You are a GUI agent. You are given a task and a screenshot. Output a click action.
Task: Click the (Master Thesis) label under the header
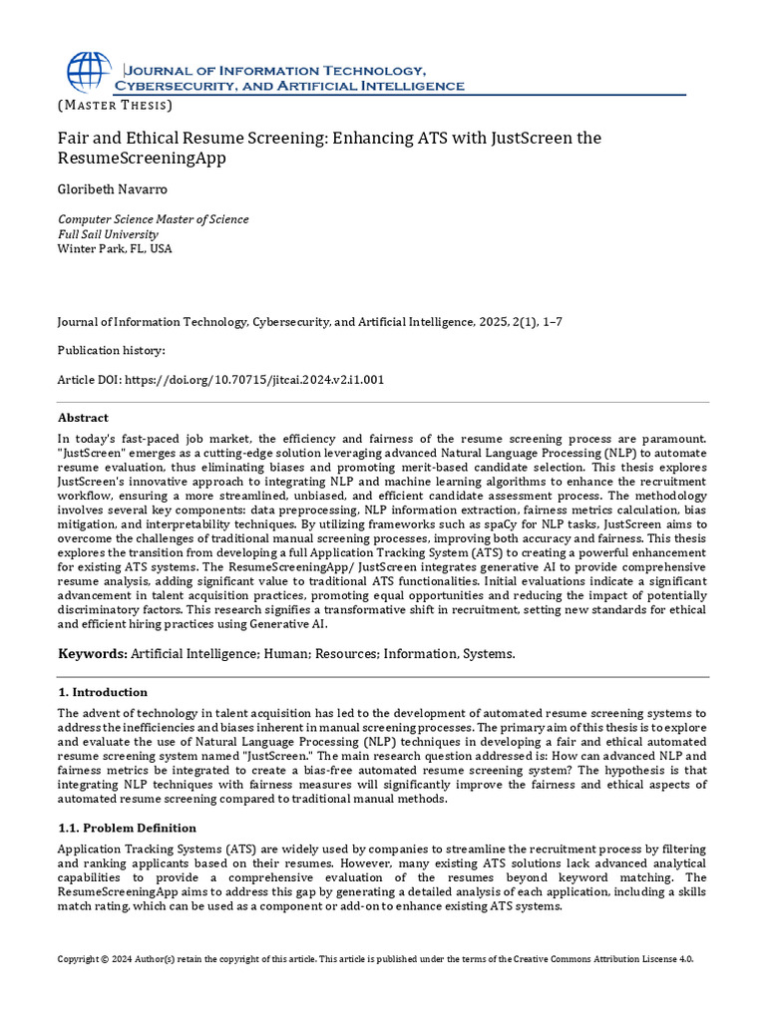point(115,105)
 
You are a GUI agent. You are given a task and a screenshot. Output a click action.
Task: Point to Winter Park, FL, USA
point(115,249)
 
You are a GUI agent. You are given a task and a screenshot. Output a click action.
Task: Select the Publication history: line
point(111,351)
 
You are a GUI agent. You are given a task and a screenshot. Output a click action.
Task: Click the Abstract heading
point(83,418)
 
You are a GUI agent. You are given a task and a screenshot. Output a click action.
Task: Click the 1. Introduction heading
point(102,692)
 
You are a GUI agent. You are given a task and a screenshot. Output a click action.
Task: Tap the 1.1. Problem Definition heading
point(127,828)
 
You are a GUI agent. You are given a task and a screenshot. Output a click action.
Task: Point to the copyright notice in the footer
point(375,958)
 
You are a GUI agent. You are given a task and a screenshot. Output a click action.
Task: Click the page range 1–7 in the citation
point(558,322)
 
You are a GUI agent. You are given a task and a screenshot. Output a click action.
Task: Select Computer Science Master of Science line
point(154,219)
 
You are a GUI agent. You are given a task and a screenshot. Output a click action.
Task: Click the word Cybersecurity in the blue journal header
point(176,86)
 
